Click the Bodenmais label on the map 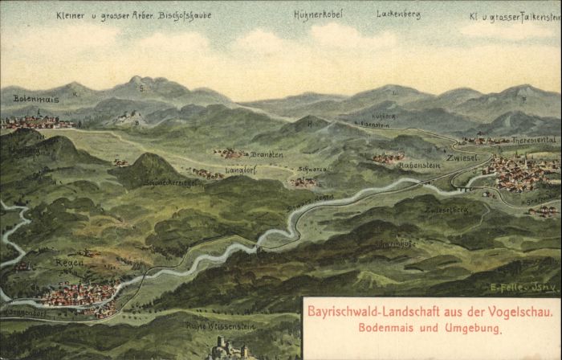pos(36,99)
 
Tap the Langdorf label pos(219,169)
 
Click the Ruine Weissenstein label pos(219,325)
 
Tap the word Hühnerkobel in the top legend pos(318,14)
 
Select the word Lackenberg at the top pos(398,14)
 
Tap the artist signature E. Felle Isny pos(518,287)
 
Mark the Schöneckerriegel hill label pos(172,182)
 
